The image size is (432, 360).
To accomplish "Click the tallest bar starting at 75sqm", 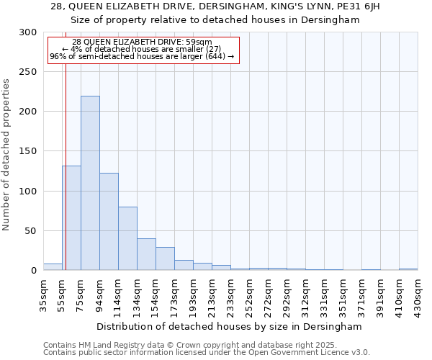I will tap(90, 183).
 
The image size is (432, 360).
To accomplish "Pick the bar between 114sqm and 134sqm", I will tap(127, 238).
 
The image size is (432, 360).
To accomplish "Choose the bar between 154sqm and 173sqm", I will tap(165, 258).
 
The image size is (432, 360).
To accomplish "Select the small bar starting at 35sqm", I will tap(53, 267).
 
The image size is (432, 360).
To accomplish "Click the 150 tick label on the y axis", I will tap(28, 152).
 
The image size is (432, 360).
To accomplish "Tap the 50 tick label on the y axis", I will tap(31, 231).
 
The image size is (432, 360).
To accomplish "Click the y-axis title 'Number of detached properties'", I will tap(7, 155).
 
